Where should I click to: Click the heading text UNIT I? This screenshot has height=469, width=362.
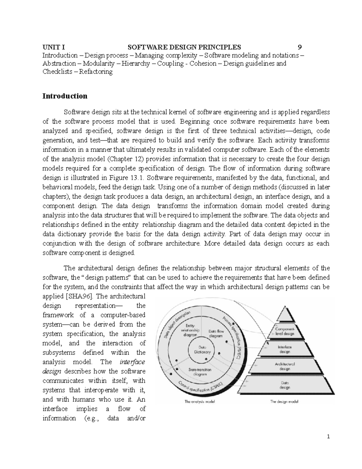53,47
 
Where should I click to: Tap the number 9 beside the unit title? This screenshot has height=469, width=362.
299,47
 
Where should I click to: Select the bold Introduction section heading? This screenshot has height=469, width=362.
65,96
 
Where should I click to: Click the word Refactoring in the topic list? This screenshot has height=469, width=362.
96,72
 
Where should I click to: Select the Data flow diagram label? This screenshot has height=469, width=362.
216,333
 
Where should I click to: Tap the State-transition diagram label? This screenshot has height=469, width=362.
200,372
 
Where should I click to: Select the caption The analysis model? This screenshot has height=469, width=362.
199,402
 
